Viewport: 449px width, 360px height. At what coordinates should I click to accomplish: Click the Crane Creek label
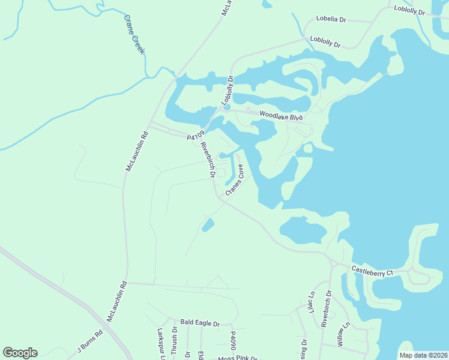(134, 34)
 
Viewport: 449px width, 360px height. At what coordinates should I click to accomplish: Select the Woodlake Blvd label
(280, 116)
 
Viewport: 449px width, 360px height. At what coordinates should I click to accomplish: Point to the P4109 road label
(196, 136)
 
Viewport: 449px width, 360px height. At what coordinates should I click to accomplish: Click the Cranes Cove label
(235, 180)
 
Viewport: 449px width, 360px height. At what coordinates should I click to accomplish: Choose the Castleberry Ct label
(372, 272)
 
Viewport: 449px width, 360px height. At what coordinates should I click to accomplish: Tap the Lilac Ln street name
(312, 302)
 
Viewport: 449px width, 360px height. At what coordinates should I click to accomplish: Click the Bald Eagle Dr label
(200, 323)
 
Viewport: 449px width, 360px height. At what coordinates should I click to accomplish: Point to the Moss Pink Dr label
(237, 358)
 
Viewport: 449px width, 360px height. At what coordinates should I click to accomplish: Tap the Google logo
(20, 353)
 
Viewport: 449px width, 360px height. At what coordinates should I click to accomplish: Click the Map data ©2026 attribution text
(423, 355)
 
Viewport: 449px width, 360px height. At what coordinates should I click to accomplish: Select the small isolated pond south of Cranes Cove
(208, 225)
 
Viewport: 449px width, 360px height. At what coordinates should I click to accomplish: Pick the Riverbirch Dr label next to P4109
(208, 161)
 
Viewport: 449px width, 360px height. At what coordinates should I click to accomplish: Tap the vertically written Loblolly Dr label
(226, 91)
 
